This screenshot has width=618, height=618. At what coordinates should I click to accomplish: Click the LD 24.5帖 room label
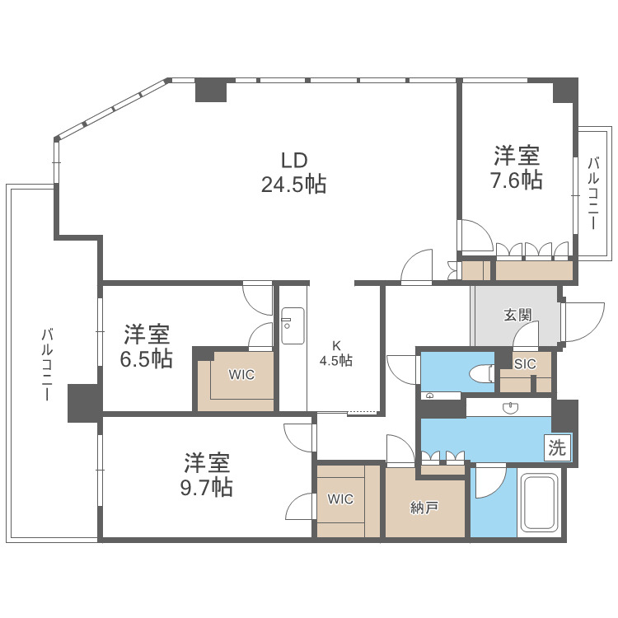pyautogui.click(x=293, y=172)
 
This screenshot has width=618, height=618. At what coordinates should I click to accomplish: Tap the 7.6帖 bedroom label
pyautogui.click(x=517, y=167)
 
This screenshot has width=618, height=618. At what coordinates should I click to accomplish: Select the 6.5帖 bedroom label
pyautogui.click(x=147, y=346)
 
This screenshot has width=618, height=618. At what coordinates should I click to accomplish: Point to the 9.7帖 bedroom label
pyautogui.click(x=207, y=475)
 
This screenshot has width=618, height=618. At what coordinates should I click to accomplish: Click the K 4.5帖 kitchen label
pyautogui.click(x=336, y=353)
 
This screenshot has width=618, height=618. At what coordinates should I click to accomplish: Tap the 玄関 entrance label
pyautogui.click(x=517, y=315)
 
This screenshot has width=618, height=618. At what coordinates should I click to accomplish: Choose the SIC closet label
pyautogui.click(x=525, y=363)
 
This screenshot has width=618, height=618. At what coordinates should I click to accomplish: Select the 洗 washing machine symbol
pyautogui.click(x=557, y=447)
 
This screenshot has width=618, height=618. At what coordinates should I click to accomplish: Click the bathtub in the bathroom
pyautogui.click(x=539, y=503)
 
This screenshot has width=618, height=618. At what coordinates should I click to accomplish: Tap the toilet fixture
pyautogui.click(x=483, y=372)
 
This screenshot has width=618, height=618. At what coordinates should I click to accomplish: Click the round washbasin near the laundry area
pyautogui.click(x=511, y=409)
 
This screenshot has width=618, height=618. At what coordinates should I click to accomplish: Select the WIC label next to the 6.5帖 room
pyautogui.click(x=241, y=374)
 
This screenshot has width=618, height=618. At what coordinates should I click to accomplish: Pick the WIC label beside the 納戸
pyautogui.click(x=340, y=499)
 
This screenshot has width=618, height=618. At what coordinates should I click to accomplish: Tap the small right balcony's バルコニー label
pyautogui.click(x=593, y=193)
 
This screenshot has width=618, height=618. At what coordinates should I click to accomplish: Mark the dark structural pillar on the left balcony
pyautogui.click(x=85, y=403)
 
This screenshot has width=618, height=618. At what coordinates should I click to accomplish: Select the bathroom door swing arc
pyautogui.click(x=491, y=482)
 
